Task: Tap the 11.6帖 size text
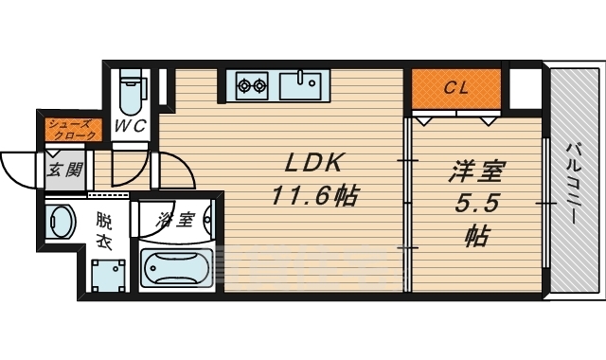tap(313, 196)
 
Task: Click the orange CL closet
tap(457, 90)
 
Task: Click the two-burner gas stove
tap(252, 86)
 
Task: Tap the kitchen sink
tap(303, 86)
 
